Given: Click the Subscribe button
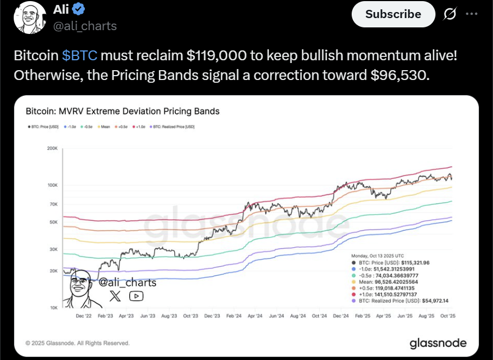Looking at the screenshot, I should pyautogui.click(x=393, y=14).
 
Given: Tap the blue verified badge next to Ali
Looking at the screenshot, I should pyautogui.click(x=79, y=9).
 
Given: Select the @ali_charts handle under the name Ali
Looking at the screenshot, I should pyautogui.click(x=84, y=26).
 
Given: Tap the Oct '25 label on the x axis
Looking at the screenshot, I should pyautogui.click(x=448, y=316).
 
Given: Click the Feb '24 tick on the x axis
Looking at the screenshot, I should pyautogui.click(x=234, y=316).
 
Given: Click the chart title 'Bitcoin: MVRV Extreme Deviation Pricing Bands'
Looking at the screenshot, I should pyautogui.click(x=123, y=111).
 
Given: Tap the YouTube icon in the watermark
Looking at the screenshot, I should pyautogui.click(x=136, y=296).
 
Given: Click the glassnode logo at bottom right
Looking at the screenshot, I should pyautogui.click(x=438, y=343).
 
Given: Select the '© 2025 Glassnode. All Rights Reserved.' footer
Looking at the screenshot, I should pyautogui.click(x=78, y=343).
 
